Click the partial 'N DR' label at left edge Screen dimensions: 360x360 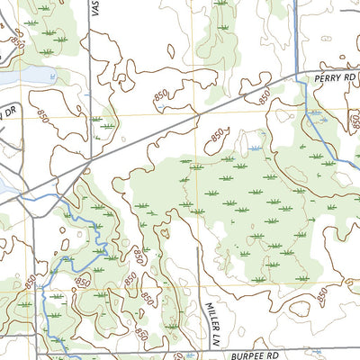tap(9, 112)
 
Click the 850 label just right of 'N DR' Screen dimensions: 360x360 tap(44, 115)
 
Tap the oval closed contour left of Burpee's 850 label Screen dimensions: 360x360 tap(299, 308)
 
